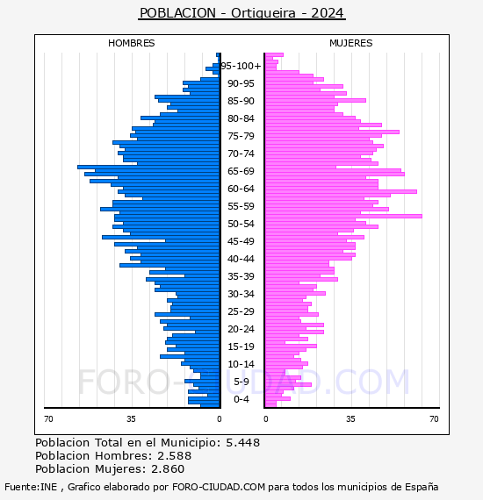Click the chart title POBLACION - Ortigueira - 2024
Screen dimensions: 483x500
241,13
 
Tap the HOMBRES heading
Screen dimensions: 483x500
131,43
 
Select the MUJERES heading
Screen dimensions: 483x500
351,43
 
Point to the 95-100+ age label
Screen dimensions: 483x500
241,66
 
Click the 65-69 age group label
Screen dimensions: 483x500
241,171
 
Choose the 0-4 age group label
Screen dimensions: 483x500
241,399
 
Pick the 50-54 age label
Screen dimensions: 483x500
241,224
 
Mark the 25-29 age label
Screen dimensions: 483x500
241,311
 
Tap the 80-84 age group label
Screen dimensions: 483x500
241,118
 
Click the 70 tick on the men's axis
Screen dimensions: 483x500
48,418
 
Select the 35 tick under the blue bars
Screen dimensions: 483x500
131,418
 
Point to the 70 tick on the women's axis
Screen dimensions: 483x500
434,418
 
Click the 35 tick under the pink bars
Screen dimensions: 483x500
350,418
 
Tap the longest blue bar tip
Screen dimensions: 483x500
78,167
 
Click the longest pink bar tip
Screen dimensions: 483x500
422,216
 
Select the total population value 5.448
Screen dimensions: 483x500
243,443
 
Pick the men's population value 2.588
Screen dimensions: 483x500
174,455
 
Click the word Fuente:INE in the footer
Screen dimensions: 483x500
31,487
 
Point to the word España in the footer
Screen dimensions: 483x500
422,487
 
